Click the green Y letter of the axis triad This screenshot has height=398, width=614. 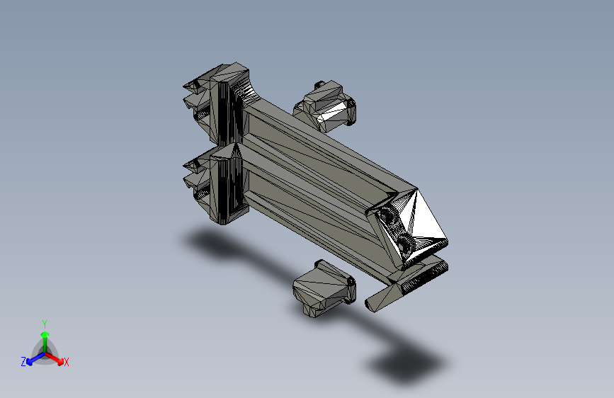pyautogui.click(x=44, y=323)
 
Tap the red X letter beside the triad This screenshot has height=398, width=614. pyautogui.click(x=67, y=363)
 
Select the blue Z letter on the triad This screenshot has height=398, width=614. pyautogui.click(x=23, y=362)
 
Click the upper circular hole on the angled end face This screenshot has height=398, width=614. pyautogui.click(x=386, y=217)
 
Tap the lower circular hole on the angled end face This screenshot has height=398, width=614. pyautogui.click(x=405, y=246)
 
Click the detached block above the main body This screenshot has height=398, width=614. pyautogui.click(x=326, y=108)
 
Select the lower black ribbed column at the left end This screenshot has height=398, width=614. pyautogui.click(x=228, y=186)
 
